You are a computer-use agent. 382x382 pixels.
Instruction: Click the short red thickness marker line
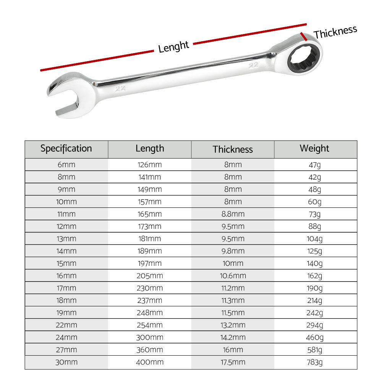pos(304,37)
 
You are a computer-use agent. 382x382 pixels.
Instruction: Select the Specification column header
pos(66,149)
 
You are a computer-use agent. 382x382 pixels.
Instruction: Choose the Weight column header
pos(314,149)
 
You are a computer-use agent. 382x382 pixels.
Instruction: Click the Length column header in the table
pos(150,149)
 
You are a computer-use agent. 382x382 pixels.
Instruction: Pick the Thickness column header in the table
pos(233,149)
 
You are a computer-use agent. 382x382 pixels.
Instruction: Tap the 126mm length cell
pos(150,165)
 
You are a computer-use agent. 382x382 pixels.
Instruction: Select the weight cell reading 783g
pos(315,362)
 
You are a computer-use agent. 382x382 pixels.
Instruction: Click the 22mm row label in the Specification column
pos(66,325)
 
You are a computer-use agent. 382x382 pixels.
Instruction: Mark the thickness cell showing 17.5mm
pos(233,362)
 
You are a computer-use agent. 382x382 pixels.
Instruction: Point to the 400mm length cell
pos(150,362)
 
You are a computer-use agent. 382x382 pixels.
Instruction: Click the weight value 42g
pos(315,177)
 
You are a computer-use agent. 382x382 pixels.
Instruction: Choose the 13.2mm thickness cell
pos(233,325)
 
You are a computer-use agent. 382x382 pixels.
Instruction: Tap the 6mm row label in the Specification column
pos(66,165)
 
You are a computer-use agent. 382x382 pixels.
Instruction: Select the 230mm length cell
pos(150,288)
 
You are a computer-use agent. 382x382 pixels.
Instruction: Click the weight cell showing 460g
pos(315,337)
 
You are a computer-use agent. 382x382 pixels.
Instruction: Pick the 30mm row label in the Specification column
pos(66,362)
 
